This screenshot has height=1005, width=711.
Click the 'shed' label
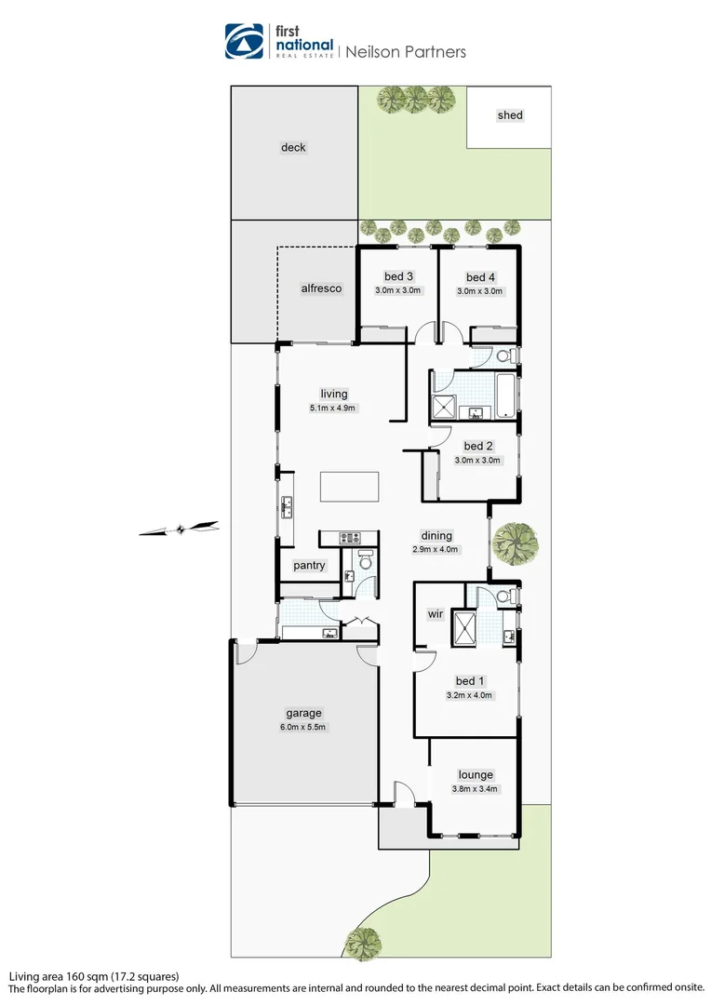[510, 115]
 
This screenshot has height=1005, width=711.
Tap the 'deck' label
[293, 147]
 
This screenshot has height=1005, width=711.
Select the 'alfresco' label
[321, 288]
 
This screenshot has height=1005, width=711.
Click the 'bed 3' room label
[398, 276]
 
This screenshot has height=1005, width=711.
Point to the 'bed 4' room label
[479, 277]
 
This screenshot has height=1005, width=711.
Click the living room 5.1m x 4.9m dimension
[333, 408]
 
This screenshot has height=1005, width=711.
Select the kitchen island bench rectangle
[350, 487]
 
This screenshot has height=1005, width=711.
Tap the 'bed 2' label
[478, 446]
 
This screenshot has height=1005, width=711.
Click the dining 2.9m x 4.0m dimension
[436, 549]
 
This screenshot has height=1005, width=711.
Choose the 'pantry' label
[309, 565]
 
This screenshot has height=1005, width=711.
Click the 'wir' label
[434, 614]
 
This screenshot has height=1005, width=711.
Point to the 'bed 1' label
[470, 680]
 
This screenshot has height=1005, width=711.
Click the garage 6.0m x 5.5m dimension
[302, 727]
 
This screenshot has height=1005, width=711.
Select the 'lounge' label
[475, 774]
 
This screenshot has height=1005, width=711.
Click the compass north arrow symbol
[179, 529]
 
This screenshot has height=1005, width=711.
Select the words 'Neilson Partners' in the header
[406, 52]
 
